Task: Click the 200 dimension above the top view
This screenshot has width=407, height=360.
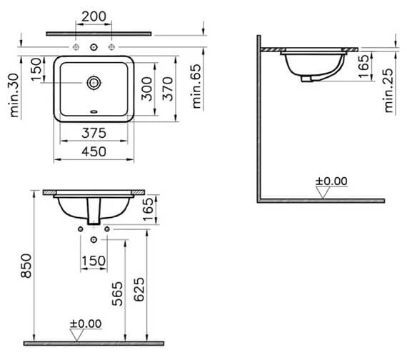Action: pyautogui.click(x=94, y=16)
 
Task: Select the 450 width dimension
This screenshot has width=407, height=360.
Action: pyautogui.click(x=93, y=151)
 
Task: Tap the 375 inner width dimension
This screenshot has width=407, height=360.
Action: pyautogui.click(x=93, y=134)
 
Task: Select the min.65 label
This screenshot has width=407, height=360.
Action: pyautogui.click(x=199, y=85)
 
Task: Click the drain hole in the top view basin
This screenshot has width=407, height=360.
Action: pyautogui.click(x=93, y=84)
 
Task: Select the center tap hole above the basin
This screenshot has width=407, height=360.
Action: pyautogui.click(x=93, y=48)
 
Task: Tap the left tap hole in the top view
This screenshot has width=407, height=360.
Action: pyautogui.click(x=76, y=48)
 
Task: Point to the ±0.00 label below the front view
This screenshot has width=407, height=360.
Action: pyautogui.click(x=85, y=324)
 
